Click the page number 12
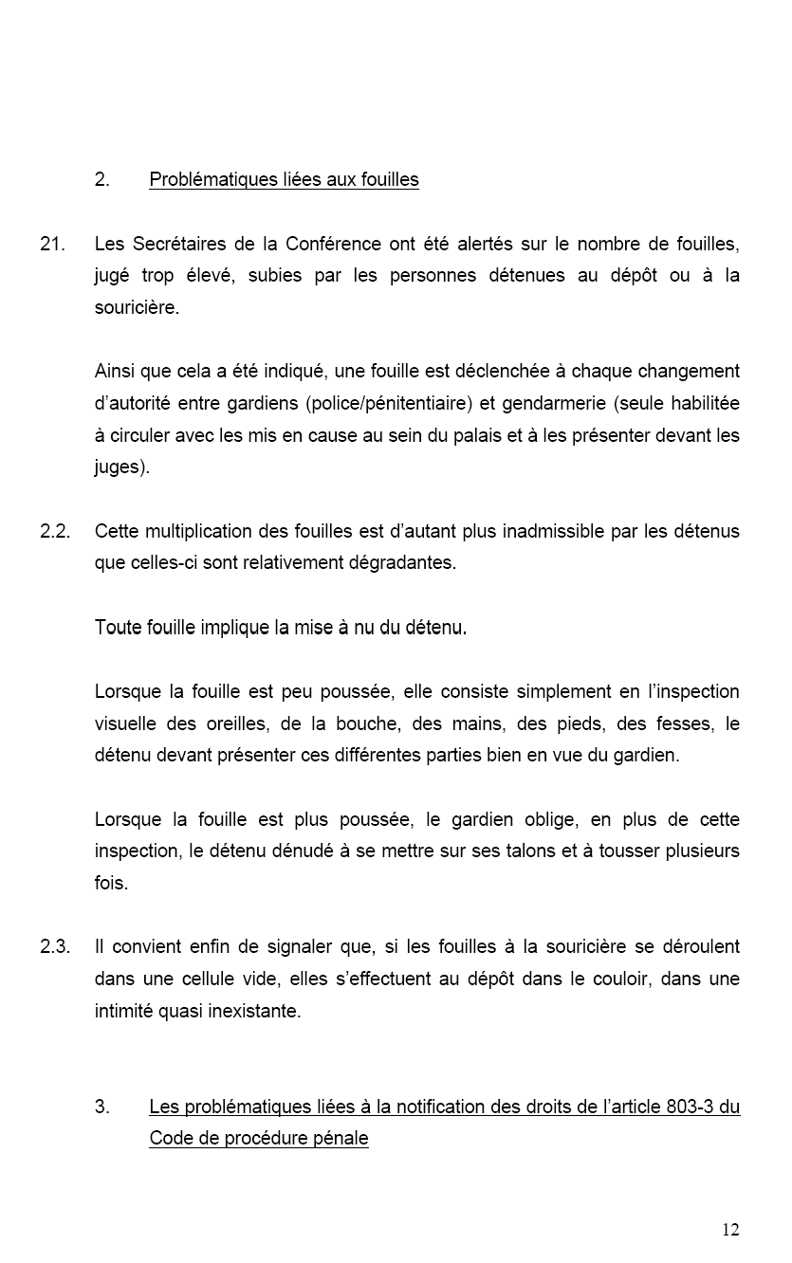coord(729,1230)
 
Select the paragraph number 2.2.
coord(55,530)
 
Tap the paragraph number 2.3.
coord(55,946)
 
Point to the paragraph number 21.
coord(52,244)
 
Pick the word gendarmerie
coord(554,403)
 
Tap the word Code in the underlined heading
coord(169,1138)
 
